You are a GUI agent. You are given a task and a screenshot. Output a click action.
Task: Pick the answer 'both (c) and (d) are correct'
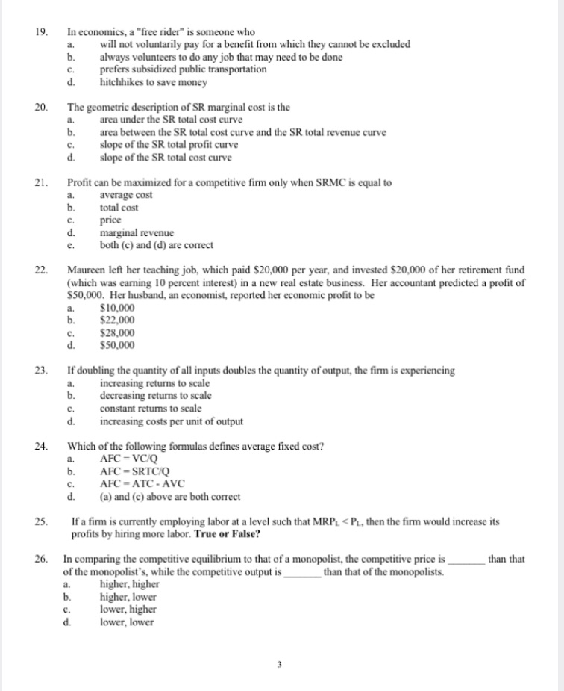click(156, 246)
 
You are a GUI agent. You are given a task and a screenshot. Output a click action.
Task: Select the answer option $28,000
click(117, 333)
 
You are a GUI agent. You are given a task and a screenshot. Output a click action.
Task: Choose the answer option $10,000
click(117, 308)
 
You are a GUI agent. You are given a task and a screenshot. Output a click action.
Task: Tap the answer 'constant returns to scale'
click(150, 409)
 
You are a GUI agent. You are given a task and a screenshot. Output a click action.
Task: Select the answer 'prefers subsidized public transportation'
click(183, 69)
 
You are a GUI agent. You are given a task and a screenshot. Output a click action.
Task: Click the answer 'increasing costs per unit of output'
click(171, 421)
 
